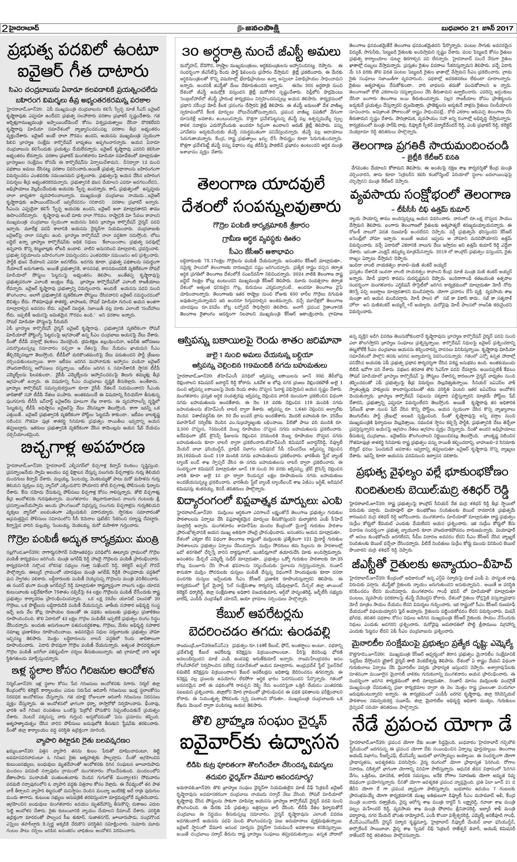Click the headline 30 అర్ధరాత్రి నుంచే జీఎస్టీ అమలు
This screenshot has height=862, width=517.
coord(261,53)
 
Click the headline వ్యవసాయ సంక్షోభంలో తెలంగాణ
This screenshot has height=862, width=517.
coord(430,194)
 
